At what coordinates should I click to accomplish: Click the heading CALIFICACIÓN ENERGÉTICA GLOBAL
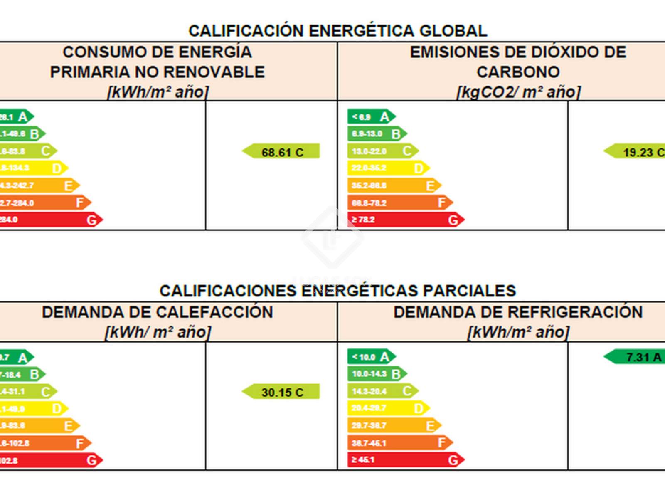click(x=337, y=31)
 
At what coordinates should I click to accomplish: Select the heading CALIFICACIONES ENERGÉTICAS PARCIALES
click(x=337, y=291)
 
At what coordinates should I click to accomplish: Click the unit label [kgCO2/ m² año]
click(x=518, y=92)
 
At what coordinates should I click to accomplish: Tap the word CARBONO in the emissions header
click(x=518, y=72)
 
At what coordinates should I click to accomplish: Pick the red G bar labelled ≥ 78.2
click(x=405, y=220)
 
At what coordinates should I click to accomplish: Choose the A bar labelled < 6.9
click(x=371, y=117)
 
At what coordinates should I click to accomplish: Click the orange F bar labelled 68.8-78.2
click(x=399, y=203)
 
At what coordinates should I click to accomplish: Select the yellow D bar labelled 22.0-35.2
click(x=388, y=168)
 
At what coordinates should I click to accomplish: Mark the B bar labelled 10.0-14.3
click(x=377, y=374)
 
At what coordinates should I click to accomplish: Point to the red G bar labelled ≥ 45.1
click(x=405, y=460)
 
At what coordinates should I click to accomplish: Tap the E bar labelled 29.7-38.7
click(x=394, y=425)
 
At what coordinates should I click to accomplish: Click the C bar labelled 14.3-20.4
click(x=382, y=391)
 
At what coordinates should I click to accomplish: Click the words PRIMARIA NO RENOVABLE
click(x=157, y=72)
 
